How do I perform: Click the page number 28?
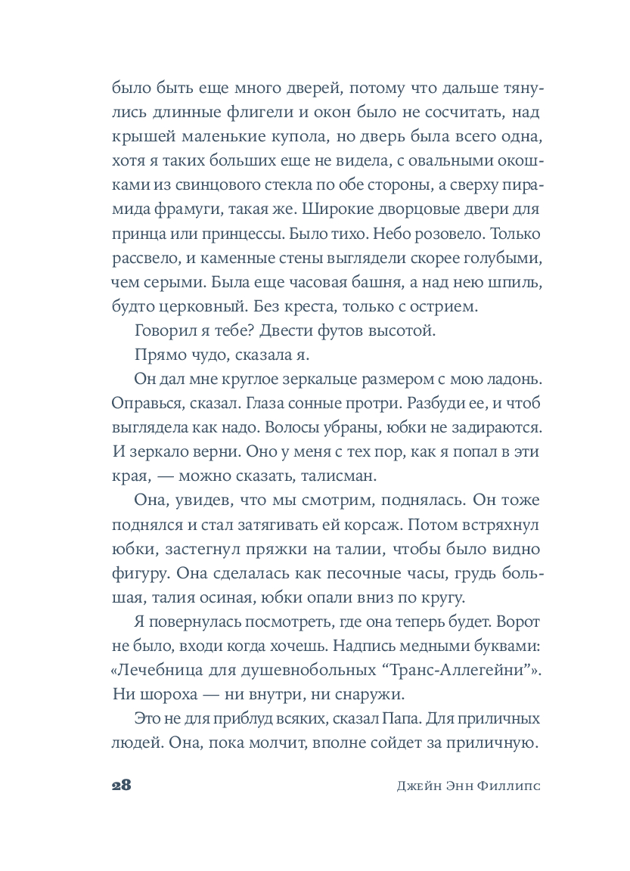(121, 784)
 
